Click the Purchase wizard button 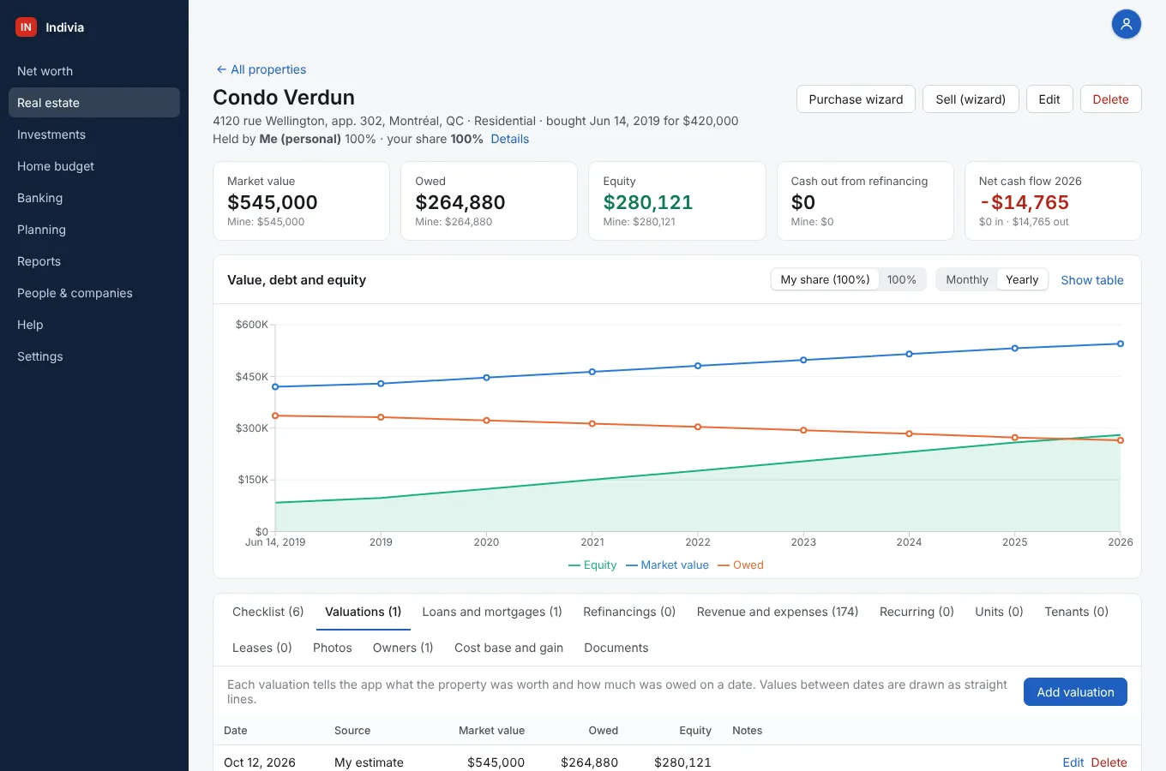coord(856,99)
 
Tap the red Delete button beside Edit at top coord(1110,99)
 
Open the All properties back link coord(261,69)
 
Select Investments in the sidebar coord(51,134)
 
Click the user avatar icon coord(1126,24)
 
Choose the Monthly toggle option coord(966,279)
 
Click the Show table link coord(1092,280)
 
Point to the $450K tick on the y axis coord(251,376)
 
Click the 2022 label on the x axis coord(698,541)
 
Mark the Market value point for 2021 coord(592,372)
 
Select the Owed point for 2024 coord(909,433)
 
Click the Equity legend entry coord(592,565)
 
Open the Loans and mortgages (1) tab coord(492,612)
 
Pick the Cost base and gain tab coord(508,648)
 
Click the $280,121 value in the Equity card coord(647,202)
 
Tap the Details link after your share coord(509,139)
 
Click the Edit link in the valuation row coord(1073,762)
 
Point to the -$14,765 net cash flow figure coord(1024,202)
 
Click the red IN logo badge coord(26,27)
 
